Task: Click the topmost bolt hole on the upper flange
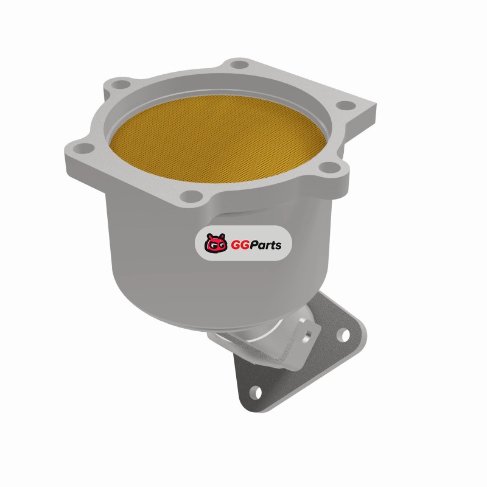[x=240, y=65]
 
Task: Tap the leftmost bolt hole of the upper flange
[x=84, y=149]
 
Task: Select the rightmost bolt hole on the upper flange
[x=346, y=105]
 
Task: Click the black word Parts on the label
[x=265, y=245]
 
